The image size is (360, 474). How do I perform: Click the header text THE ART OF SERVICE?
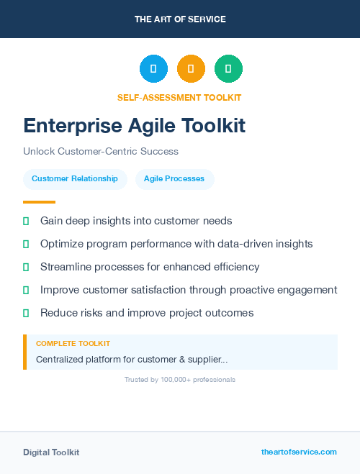pos(180,19)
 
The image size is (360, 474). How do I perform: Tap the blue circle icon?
pos(153,69)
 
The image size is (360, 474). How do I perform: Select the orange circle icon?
pos(191,69)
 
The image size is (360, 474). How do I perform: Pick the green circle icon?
pos(228,69)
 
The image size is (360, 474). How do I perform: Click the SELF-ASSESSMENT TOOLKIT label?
pos(179,97)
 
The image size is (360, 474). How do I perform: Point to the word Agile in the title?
pos(153,126)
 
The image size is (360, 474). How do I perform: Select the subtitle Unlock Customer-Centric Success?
pos(101,152)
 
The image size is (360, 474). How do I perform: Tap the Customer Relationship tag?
pos(75,179)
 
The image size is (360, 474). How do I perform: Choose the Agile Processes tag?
pos(174,179)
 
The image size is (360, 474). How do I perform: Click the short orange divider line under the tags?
pos(39,202)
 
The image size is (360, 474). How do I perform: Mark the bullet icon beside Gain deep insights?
pos(27,221)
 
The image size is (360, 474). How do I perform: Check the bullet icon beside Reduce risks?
pos(27,313)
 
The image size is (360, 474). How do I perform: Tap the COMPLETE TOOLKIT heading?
pos(73,344)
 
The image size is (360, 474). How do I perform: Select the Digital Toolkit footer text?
pos(51,452)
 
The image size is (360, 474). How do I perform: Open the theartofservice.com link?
pos(299,452)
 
